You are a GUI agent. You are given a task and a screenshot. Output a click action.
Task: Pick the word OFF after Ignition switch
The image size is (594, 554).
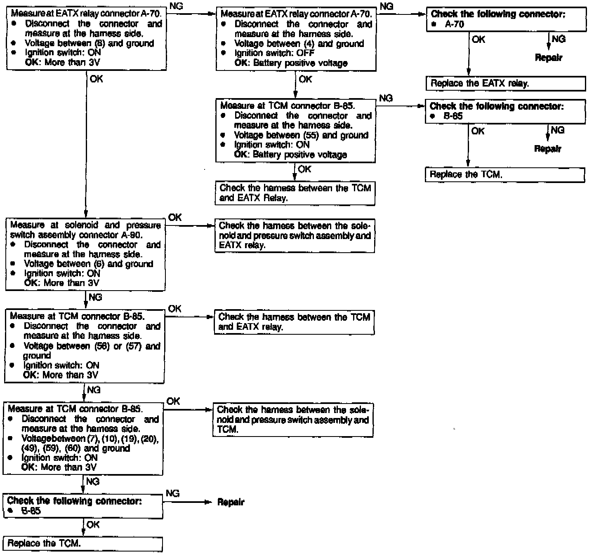tap(305, 53)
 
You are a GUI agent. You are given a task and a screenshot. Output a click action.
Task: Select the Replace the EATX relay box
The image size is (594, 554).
tap(505, 83)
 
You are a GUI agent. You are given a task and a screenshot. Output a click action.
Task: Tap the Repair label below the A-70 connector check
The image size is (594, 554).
tap(548, 58)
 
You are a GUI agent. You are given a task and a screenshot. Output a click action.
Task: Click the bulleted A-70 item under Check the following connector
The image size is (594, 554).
tap(455, 24)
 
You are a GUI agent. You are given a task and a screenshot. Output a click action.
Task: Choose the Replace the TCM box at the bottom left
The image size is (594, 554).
tap(82, 543)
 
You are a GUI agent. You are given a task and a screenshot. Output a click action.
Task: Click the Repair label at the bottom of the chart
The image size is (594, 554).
tap(231, 502)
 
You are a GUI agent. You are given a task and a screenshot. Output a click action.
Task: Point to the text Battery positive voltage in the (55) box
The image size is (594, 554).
tap(300, 155)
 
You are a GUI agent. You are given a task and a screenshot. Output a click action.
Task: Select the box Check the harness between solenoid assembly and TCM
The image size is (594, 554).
tap(293, 420)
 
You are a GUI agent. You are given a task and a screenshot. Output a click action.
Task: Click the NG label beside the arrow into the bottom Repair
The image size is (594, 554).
tap(172, 493)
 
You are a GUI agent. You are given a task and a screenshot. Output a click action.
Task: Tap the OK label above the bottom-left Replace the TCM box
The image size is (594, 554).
tap(93, 524)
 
